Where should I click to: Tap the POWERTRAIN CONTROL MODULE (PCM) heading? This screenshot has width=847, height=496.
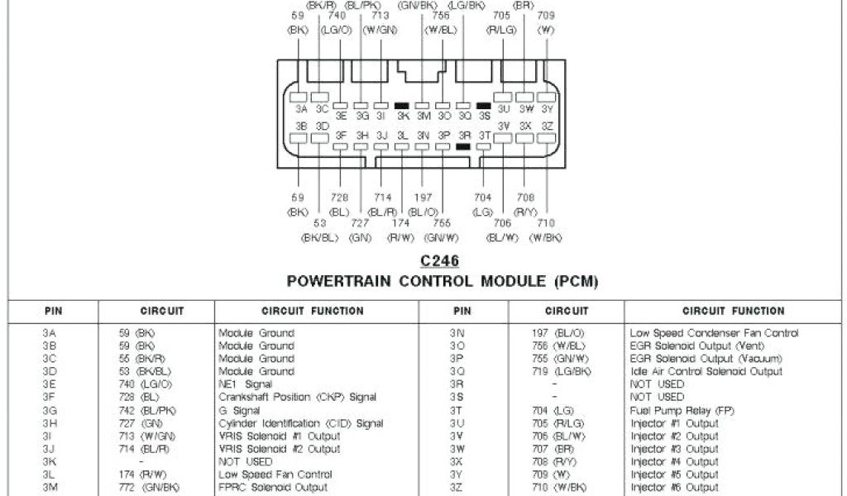pos(442,282)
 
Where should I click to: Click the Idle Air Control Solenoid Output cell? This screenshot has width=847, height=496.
pos(706,372)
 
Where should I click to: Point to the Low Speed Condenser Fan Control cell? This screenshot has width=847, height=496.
pos(714,333)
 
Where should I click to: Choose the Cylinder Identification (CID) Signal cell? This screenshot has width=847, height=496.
pos(300,423)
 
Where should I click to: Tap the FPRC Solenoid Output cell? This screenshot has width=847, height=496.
pos(272,488)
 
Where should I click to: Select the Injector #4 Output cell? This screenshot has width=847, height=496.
pos(674,462)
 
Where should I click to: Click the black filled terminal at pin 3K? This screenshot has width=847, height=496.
pos(403,106)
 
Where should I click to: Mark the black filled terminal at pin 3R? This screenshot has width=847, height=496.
pos(463,146)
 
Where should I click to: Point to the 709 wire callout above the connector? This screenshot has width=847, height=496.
pos(546,15)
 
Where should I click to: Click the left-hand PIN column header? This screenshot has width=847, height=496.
pos(53,312)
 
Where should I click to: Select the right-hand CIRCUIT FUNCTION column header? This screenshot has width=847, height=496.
pos(733,312)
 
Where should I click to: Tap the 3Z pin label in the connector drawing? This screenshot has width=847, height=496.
pos(547,126)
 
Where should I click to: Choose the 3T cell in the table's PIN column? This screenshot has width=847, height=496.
pos(454,411)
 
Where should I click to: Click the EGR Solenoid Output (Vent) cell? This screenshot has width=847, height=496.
pos(695,346)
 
